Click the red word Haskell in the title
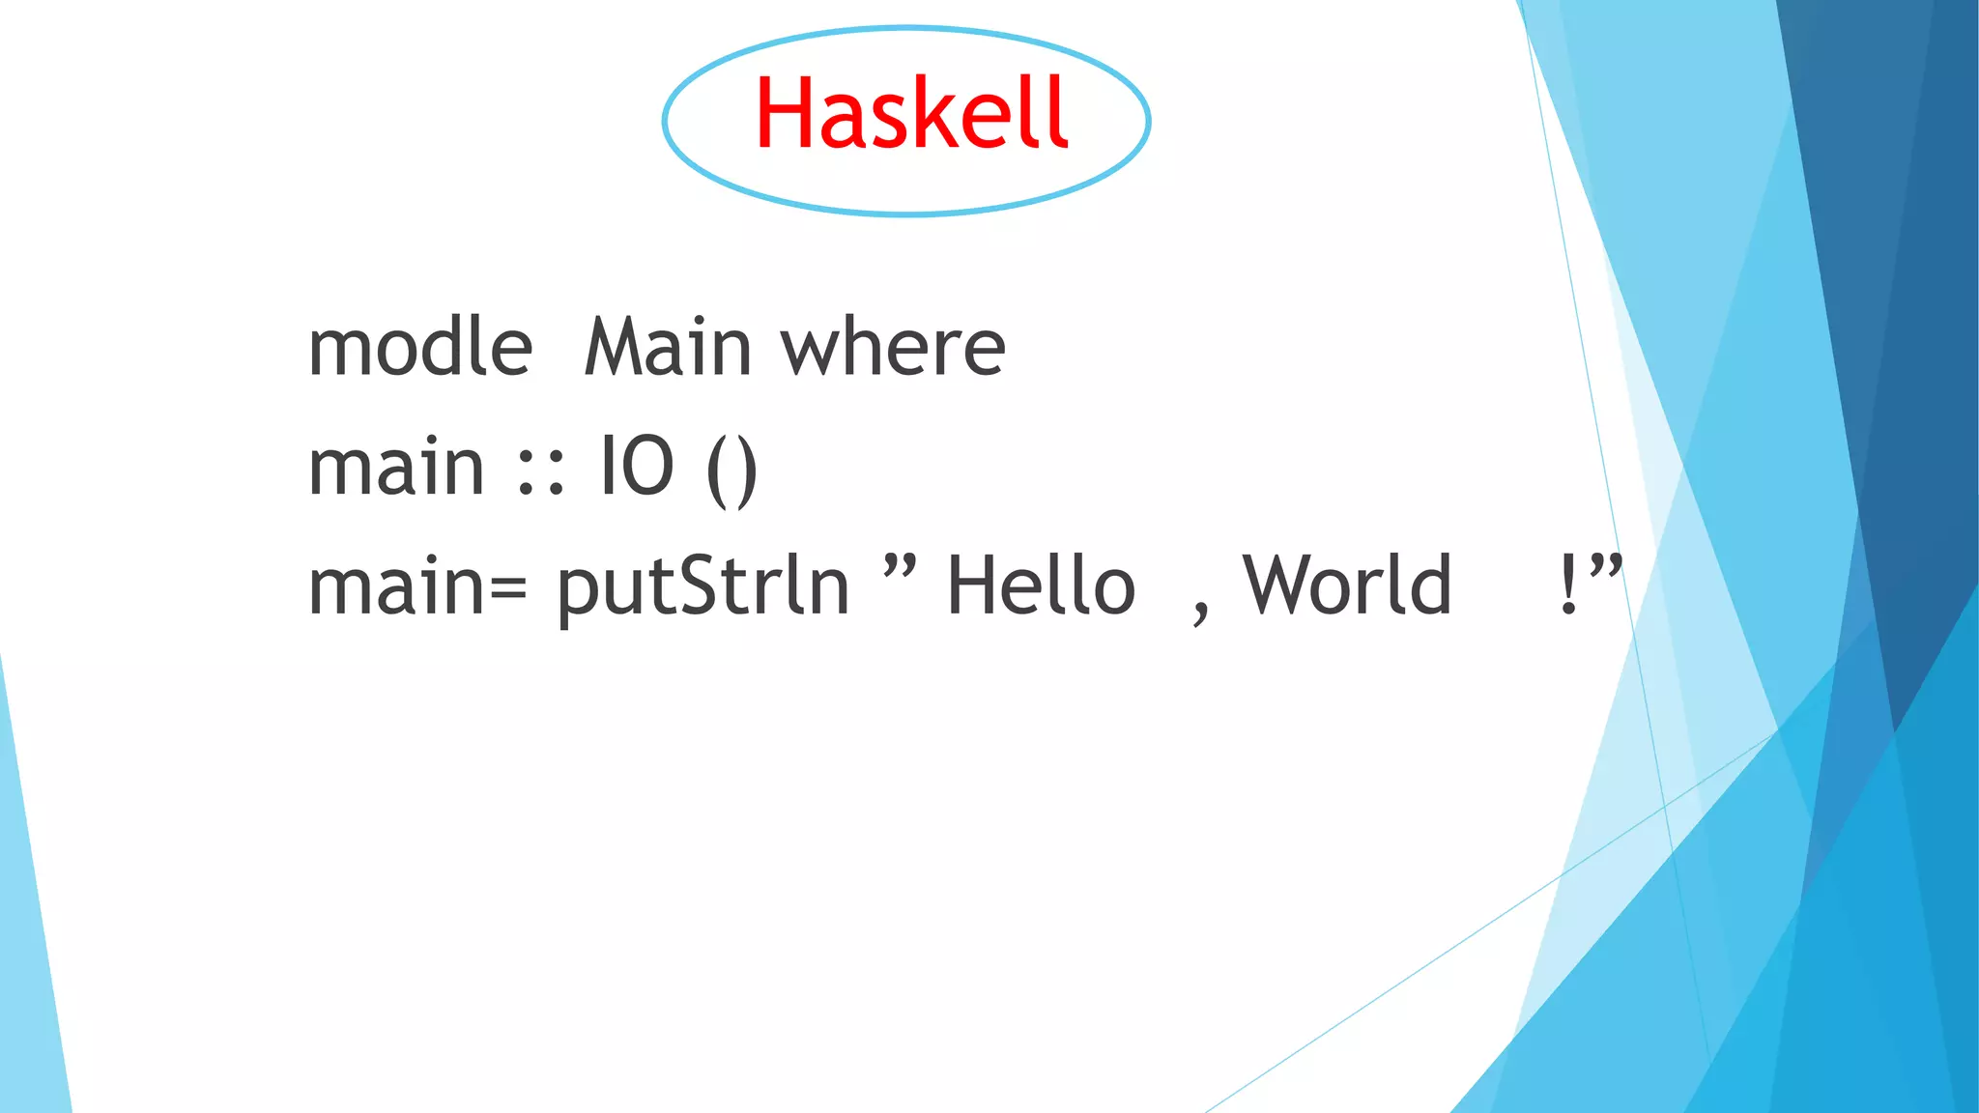pyautogui.click(x=911, y=114)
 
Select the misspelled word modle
pyautogui.click(x=420, y=347)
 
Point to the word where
pyautogui.click(x=894, y=347)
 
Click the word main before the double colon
pyautogui.click(x=396, y=467)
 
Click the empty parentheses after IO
pyautogui.click(x=732, y=471)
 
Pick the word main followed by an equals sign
pyautogui.click(x=396, y=586)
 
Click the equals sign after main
pyautogui.click(x=508, y=587)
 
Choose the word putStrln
pyautogui.click(x=703, y=585)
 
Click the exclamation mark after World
pyautogui.click(x=1568, y=585)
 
